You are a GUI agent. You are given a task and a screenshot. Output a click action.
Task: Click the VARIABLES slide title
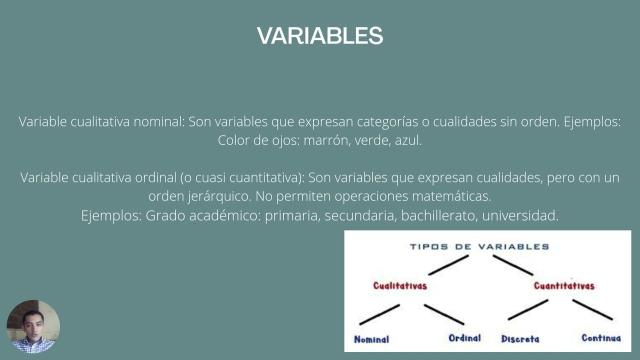(x=320, y=36)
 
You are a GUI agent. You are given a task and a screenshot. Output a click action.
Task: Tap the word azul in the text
(x=408, y=140)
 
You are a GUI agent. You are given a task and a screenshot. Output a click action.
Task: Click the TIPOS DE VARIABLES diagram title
(x=479, y=246)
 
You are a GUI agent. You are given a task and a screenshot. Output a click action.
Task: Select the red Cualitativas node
(x=400, y=285)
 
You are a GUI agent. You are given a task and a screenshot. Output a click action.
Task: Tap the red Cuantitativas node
(x=564, y=285)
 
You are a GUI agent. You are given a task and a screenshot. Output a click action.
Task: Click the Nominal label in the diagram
(x=371, y=339)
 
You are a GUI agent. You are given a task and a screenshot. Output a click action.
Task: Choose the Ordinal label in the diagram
(x=464, y=338)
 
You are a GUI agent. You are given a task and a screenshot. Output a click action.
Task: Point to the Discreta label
(x=520, y=339)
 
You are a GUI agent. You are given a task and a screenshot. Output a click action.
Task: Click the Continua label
(x=601, y=338)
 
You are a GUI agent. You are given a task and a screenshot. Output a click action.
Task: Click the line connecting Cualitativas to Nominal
(x=379, y=314)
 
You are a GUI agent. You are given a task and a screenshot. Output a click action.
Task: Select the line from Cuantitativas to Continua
(x=592, y=309)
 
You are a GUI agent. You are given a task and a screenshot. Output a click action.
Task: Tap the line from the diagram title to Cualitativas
(x=448, y=265)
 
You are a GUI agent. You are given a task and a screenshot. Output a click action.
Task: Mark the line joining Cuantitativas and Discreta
(x=528, y=310)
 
